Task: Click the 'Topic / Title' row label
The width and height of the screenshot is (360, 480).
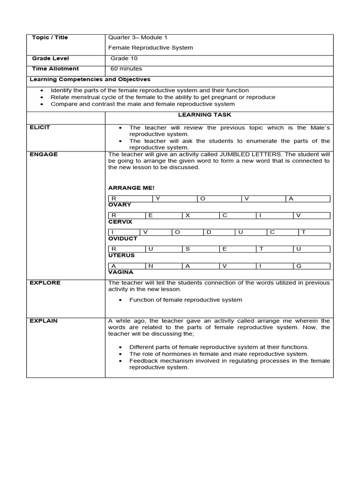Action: click(50, 37)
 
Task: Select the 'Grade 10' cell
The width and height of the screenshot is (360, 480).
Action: click(124, 59)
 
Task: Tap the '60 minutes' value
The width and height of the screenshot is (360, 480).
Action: click(126, 69)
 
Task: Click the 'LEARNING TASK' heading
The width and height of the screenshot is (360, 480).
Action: click(211, 115)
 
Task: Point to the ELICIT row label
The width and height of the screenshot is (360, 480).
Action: click(40, 127)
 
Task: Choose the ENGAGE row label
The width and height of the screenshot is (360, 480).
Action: click(43, 154)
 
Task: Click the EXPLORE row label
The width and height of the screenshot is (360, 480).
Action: click(45, 283)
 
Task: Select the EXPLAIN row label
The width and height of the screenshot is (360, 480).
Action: click(44, 321)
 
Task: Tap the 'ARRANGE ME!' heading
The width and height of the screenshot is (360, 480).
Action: click(131, 188)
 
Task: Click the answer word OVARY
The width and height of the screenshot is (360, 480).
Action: click(120, 205)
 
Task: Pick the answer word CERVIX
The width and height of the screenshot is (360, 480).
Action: click(120, 222)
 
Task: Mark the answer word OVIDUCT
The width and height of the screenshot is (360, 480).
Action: click(123, 239)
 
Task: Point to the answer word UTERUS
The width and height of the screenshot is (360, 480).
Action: click(121, 255)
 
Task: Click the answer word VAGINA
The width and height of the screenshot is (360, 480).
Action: click(121, 272)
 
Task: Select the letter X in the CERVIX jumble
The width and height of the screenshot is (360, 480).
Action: click(187, 215)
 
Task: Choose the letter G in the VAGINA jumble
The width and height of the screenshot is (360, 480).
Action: click(299, 266)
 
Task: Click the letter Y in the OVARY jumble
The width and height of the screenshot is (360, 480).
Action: click(158, 199)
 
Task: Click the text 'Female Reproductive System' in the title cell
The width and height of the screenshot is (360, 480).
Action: click(150, 48)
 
